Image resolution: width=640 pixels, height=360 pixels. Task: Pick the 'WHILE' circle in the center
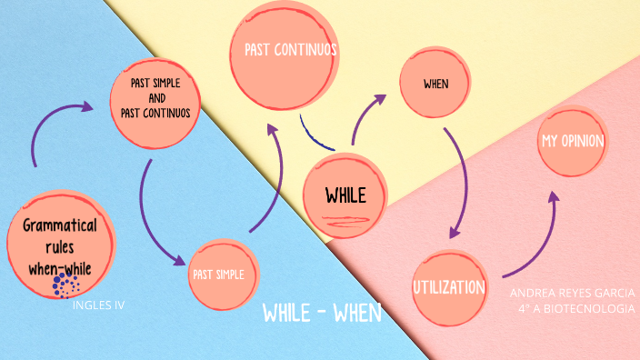[x=345, y=195]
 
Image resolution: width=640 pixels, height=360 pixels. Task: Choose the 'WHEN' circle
[x=436, y=85]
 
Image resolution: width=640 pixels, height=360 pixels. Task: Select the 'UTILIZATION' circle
[x=449, y=287]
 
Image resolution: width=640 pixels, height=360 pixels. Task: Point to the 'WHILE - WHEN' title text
[x=322, y=314]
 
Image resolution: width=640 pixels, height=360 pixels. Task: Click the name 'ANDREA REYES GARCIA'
[x=572, y=294]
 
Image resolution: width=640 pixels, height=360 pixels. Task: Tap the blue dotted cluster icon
[x=65, y=285]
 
